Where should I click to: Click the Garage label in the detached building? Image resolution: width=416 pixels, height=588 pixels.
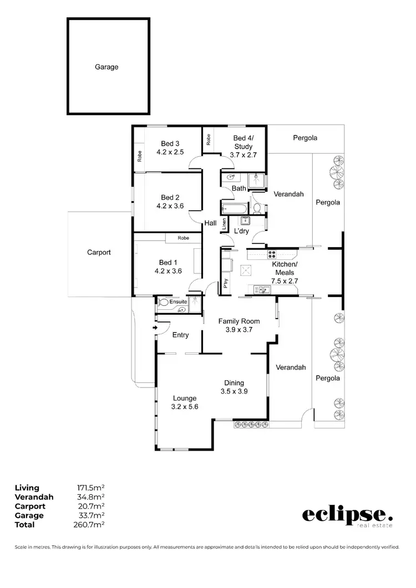point(106,67)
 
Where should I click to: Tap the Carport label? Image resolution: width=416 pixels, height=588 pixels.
point(99,252)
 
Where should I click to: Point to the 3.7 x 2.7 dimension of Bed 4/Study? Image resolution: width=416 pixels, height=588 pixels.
point(243,155)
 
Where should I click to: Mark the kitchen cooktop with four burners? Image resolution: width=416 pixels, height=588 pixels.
point(273,255)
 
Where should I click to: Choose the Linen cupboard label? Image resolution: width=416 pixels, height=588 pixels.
point(224,223)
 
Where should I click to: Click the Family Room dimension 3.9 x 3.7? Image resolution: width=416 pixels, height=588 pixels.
point(239,330)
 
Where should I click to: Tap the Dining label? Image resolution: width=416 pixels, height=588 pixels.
point(234,382)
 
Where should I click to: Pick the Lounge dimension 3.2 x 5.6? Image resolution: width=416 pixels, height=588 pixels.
point(185,406)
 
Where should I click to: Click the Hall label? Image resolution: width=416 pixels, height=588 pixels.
point(210,223)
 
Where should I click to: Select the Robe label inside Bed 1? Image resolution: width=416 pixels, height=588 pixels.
point(182,238)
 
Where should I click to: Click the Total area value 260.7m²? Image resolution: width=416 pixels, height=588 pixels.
point(91,524)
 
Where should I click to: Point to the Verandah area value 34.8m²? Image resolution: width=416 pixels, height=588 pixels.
point(92,497)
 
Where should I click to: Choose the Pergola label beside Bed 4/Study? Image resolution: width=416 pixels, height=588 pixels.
point(305,137)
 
